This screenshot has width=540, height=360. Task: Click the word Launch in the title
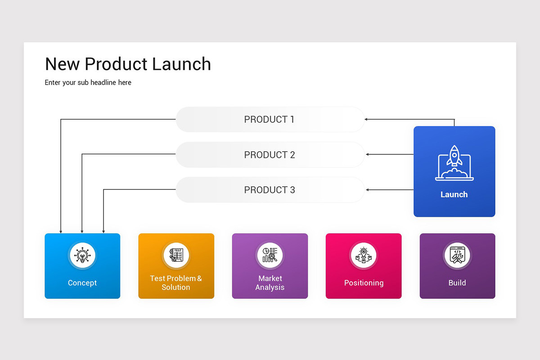pyautogui.click(x=181, y=64)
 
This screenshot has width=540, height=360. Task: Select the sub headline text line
pyautogui.click(x=88, y=82)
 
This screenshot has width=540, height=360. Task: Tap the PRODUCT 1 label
pyautogui.click(x=269, y=119)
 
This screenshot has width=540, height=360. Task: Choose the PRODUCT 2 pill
pyautogui.click(x=270, y=155)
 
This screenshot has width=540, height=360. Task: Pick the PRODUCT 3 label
pyautogui.click(x=270, y=190)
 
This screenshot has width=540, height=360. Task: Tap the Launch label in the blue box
pyautogui.click(x=454, y=194)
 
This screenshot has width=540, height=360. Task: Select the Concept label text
pyautogui.click(x=82, y=283)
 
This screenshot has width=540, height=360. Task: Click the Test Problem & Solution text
pyautogui.click(x=176, y=283)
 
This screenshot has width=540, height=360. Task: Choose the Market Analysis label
pyautogui.click(x=270, y=283)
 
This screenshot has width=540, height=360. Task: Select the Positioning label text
pyautogui.click(x=364, y=283)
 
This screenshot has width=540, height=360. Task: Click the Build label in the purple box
pyautogui.click(x=457, y=283)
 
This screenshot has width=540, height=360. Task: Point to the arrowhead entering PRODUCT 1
pyautogui.click(x=366, y=119)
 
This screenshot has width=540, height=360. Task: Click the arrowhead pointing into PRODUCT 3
pyautogui.click(x=368, y=190)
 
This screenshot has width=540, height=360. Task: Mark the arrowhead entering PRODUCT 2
pyautogui.click(x=368, y=154)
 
